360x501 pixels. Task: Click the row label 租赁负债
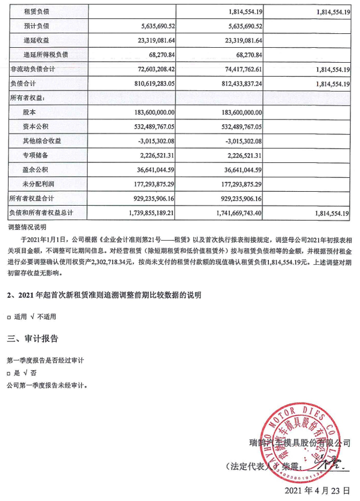pos(36,11)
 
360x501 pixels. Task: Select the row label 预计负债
pos(36,25)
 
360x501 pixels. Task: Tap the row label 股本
pos(30,113)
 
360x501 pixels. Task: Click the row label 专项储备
pos(36,156)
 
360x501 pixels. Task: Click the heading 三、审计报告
pos(32,339)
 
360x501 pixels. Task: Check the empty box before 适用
pos(10,317)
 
